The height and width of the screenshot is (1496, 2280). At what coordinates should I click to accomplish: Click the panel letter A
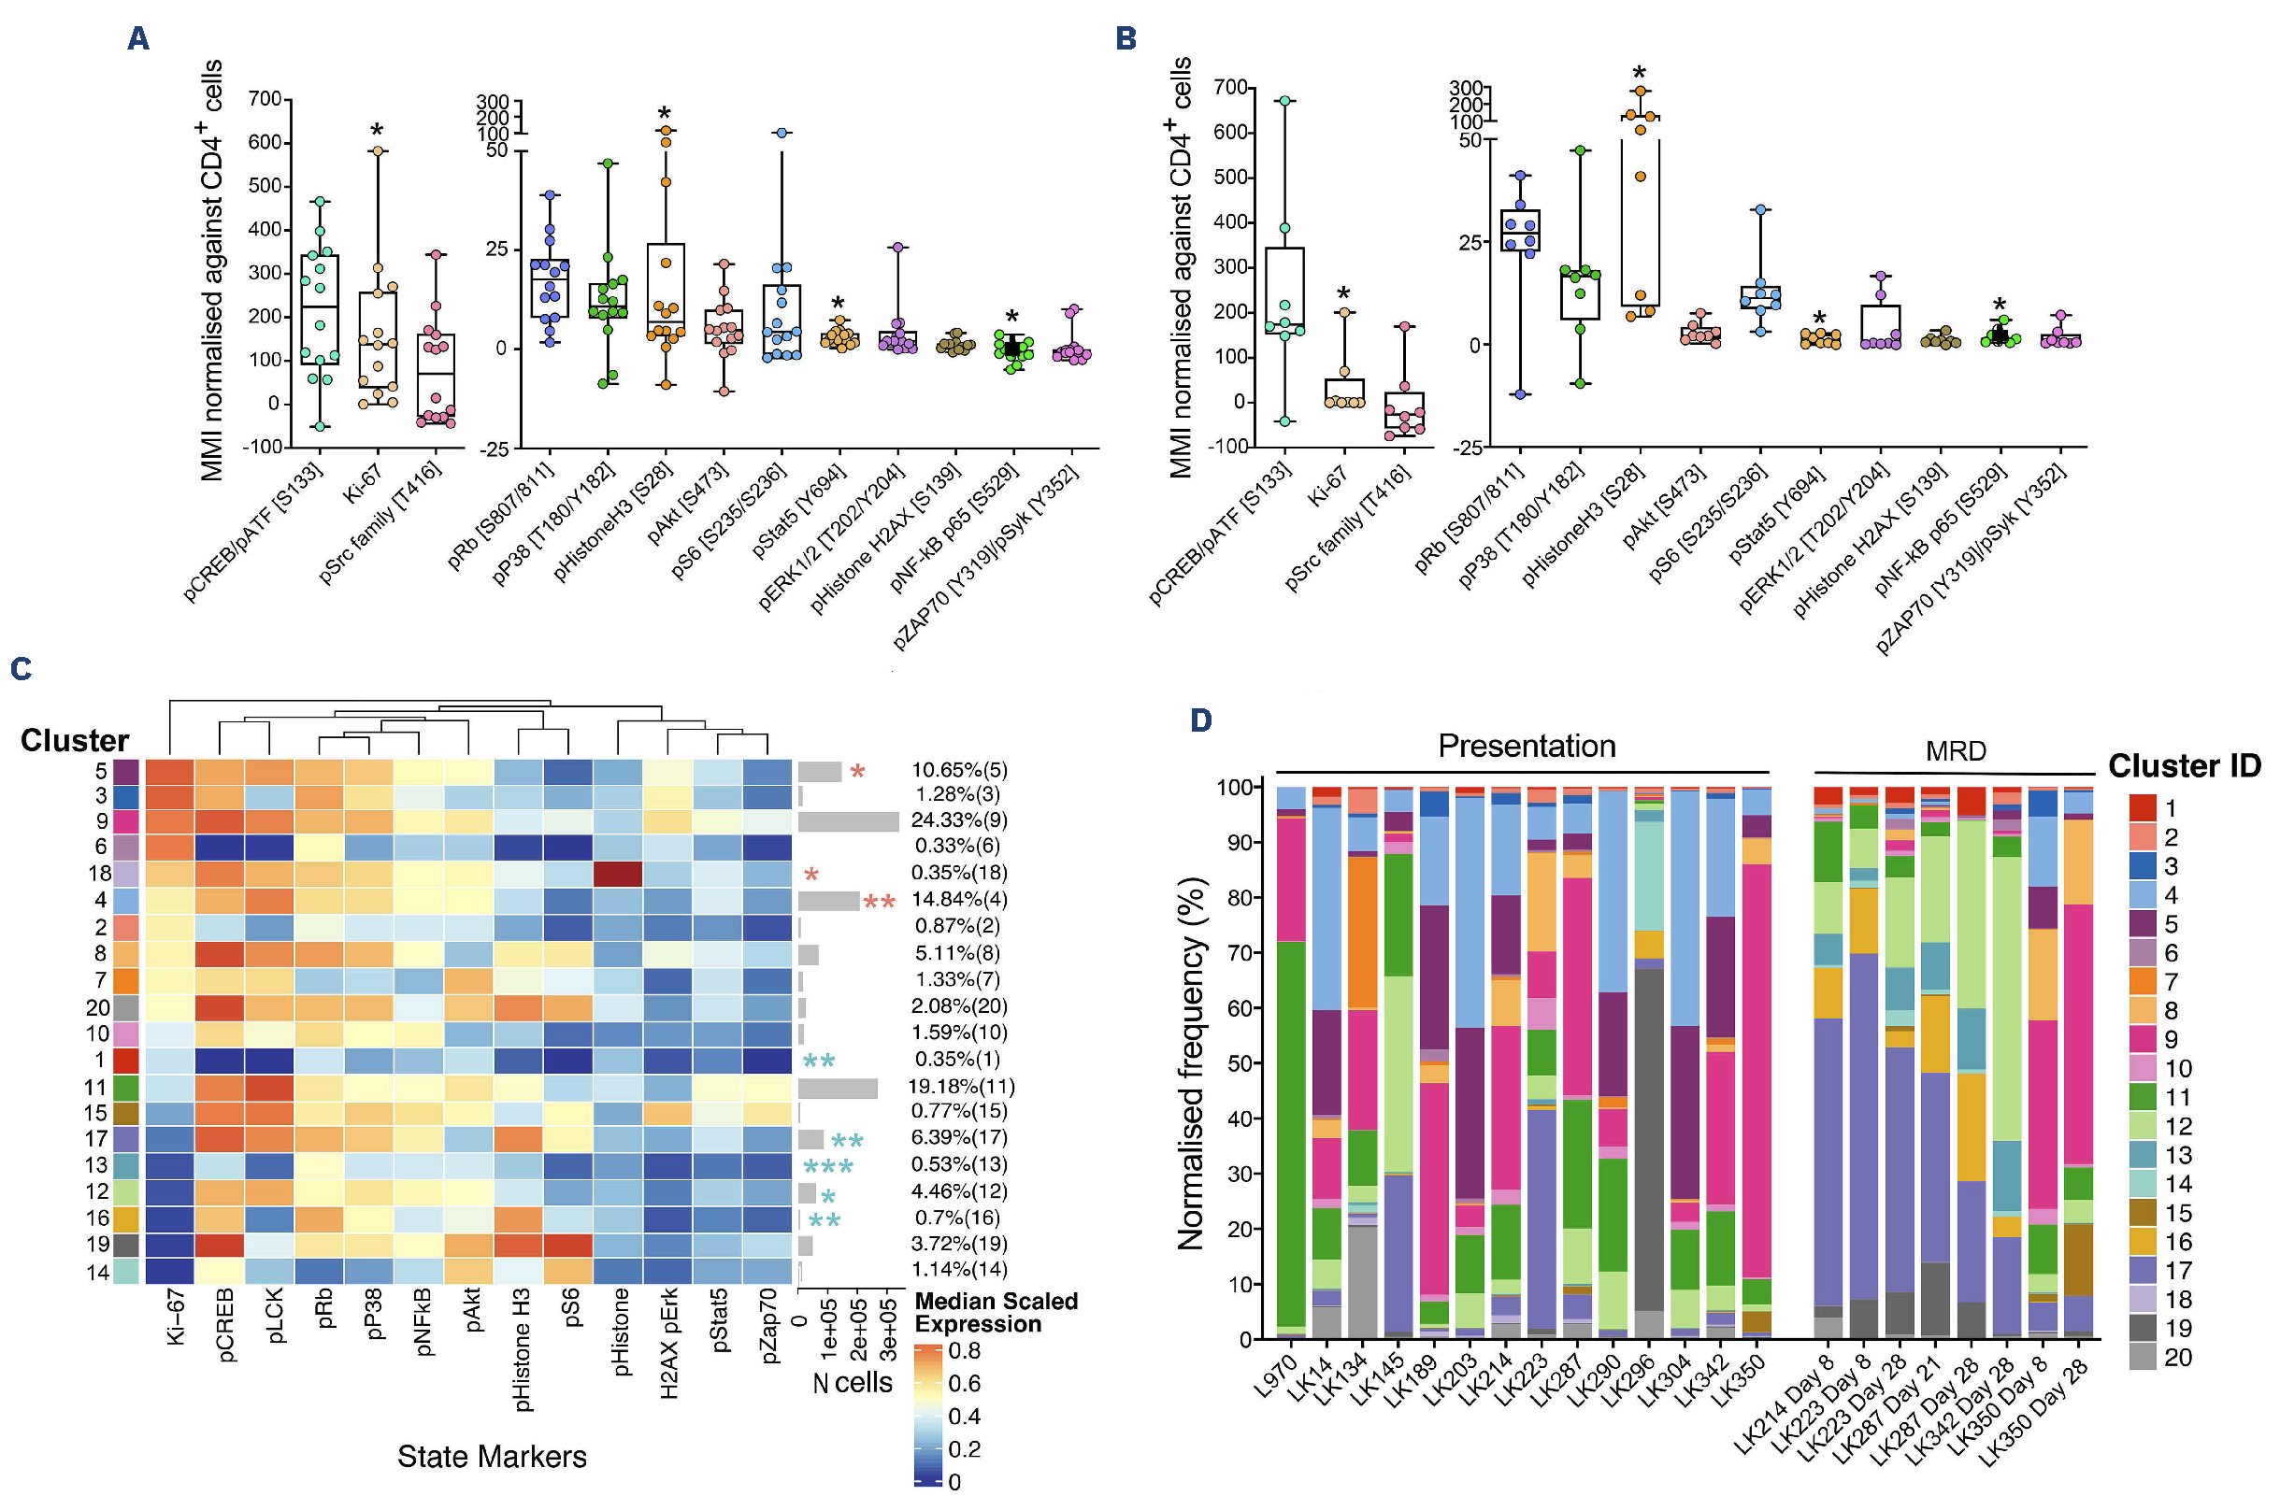(x=138, y=38)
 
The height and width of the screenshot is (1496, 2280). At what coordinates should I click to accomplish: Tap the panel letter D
(x=1200, y=720)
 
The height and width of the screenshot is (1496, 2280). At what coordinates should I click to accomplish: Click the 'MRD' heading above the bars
(x=1956, y=751)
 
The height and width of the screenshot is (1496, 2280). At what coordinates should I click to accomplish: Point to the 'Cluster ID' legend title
(x=2185, y=765)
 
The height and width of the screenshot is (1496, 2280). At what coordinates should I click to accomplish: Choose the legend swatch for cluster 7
(x=2142, y=982)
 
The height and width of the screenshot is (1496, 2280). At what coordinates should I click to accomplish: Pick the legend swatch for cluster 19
(x=2142, y=1328)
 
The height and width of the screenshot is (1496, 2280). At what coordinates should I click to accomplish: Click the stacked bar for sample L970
(x=1291, y=1063)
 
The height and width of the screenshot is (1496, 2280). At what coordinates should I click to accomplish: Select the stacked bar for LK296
(x=1649, y=1063)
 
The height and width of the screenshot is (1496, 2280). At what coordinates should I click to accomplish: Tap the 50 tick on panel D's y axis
(x=1242, y=1063)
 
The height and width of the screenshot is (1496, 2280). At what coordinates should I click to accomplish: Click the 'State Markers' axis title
(x=492, y=1456)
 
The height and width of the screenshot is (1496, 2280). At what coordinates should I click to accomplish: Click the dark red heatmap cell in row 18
(x=618, y=874)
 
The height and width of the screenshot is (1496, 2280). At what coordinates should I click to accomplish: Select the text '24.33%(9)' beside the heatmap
(x=959, y=820)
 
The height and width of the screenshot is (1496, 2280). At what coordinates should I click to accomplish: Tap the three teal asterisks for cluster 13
(x=827, y=1165)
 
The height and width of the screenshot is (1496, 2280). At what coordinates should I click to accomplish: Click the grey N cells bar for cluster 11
(x=838, y=1088)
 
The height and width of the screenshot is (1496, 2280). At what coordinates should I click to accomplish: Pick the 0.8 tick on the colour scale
(x=964, y=1350)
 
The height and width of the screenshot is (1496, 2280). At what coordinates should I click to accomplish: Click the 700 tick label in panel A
(x=265, y=99)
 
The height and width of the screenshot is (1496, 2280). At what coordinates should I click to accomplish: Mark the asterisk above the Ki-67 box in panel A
(x=378, y=130)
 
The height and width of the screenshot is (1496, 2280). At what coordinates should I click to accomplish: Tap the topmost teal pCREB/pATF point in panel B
(x=1284, y=101)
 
